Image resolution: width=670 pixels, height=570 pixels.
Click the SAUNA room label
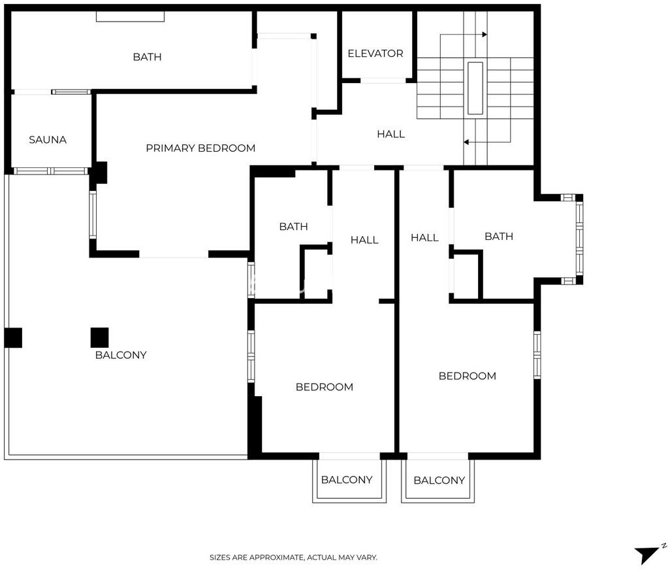48,140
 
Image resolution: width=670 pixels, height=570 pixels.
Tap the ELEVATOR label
375,54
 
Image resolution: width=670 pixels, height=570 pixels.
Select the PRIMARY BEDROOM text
200,148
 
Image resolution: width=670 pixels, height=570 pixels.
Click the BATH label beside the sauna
147,57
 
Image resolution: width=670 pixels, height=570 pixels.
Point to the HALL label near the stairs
391,134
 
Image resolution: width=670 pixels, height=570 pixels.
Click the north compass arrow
649,554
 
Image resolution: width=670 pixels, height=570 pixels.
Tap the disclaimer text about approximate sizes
293,558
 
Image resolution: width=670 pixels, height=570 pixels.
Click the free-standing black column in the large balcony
99,337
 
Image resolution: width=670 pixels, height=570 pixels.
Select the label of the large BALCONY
121,355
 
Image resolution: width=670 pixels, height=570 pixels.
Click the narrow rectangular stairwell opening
475,88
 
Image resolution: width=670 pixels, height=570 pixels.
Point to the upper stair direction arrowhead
485,35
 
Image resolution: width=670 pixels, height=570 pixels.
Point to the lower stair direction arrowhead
466,142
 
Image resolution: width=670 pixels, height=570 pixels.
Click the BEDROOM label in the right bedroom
468,377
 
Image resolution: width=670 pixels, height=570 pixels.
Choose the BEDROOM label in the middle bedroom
325,388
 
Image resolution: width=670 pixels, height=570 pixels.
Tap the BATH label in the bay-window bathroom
499,237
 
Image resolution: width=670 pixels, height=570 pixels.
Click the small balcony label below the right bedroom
439,480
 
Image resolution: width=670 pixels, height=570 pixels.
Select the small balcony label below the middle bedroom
347,480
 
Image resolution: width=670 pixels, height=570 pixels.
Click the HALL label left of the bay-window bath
424,238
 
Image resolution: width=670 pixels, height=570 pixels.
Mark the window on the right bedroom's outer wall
537,355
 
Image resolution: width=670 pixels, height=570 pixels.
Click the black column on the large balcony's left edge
13,337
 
